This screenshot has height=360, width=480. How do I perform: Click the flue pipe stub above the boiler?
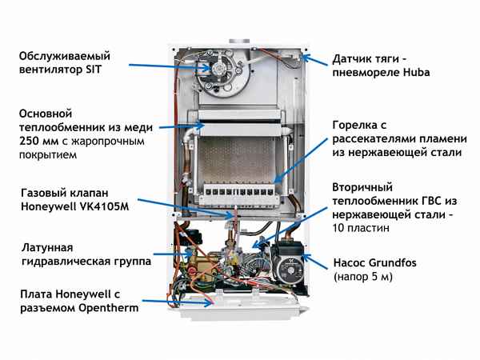click(x=240, y=40)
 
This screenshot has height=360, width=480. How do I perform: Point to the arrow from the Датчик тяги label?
click(x=314, y=59)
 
